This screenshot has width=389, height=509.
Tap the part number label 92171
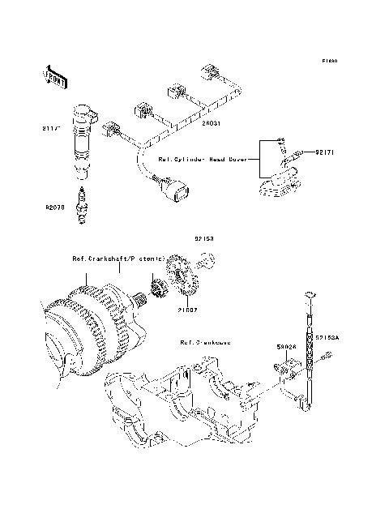[x=325, y=151]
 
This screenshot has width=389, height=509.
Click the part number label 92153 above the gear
[x=203, y=239]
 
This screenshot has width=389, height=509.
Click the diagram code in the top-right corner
[x=328, y=61]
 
